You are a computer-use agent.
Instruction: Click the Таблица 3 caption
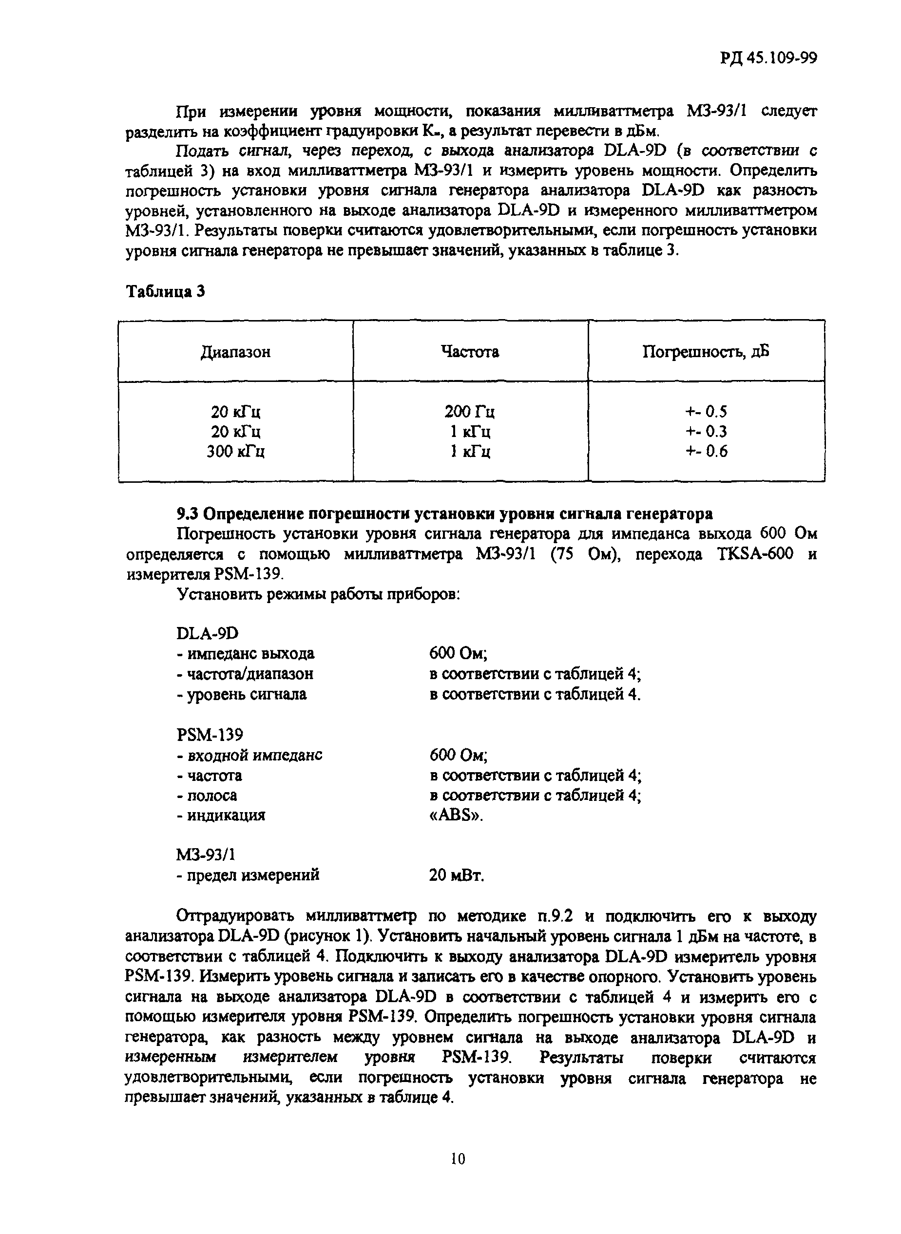tap(165, 292)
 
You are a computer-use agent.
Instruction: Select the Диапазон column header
tap(236, 352)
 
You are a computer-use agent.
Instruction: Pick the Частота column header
tap(470, 352)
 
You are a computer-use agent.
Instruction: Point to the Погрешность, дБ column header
tap(706, 352)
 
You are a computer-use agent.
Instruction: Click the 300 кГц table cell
tap(236, 452)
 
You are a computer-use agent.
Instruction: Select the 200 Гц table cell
tap(470, 411)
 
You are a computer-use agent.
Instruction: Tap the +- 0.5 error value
tap(706, 411)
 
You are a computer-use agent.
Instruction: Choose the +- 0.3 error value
tap(706, 431)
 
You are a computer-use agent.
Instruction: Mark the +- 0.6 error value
tap(706, 452)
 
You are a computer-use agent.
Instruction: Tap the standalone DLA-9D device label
tap(207, 633)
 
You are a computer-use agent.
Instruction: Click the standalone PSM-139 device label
tap(210, 735)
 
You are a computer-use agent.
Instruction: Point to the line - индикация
tap(221, 815)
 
